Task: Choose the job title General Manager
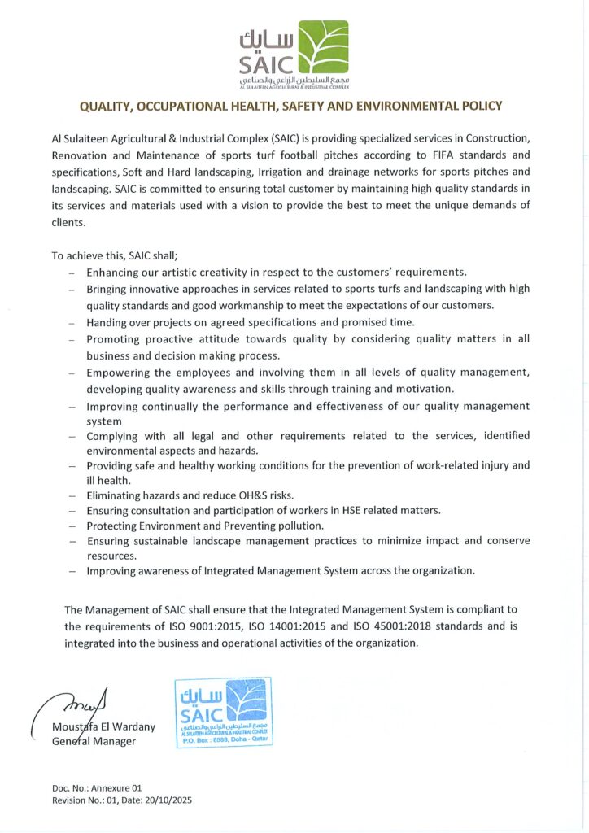(x=94, y=741)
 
